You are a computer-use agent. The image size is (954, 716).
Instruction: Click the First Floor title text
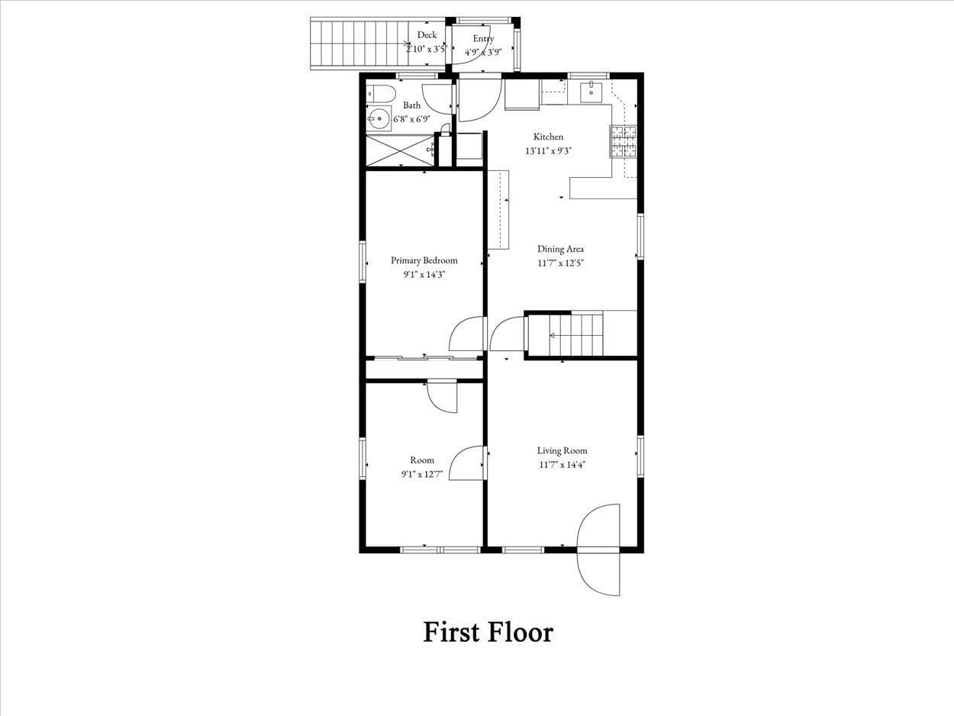488,632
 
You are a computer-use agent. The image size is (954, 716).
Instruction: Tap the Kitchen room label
548,137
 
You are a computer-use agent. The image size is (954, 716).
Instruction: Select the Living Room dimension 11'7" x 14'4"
562,464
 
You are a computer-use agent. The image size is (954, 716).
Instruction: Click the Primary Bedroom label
424,260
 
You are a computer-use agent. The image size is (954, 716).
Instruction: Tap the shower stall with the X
401,150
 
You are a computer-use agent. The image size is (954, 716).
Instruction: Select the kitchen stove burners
623,141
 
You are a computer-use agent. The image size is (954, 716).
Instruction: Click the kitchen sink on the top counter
591,92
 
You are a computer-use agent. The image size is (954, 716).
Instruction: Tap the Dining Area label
561,249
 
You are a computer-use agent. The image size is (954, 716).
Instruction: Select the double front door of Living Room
599,550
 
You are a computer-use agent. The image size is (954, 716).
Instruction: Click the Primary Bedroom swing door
466,334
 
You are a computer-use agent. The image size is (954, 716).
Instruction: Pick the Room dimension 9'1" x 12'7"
422,474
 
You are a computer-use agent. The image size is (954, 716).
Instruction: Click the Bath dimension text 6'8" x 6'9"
411,118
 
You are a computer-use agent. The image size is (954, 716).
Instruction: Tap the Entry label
483,39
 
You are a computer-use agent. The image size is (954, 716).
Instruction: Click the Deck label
427,35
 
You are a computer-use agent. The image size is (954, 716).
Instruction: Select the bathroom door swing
438,99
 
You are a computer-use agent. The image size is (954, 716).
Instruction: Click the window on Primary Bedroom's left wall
363,263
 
